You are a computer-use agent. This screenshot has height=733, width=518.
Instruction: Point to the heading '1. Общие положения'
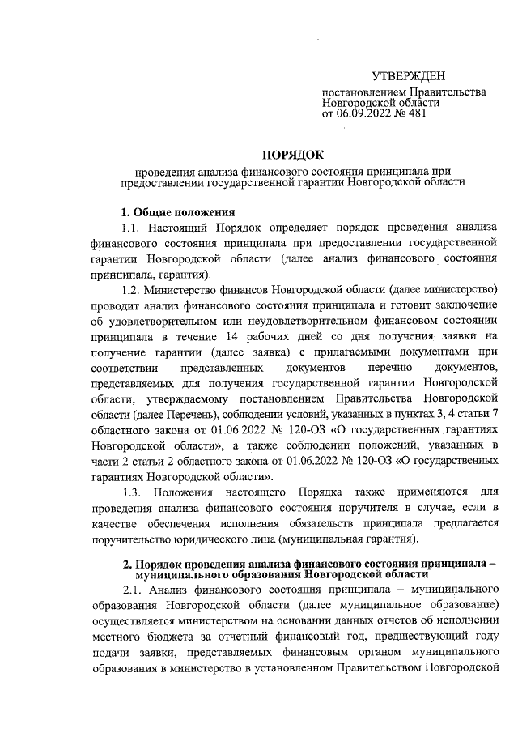pos(168,212)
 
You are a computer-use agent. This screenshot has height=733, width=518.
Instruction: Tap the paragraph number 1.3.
pos(132,492)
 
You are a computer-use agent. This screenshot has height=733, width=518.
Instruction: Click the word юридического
pos(209,539)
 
